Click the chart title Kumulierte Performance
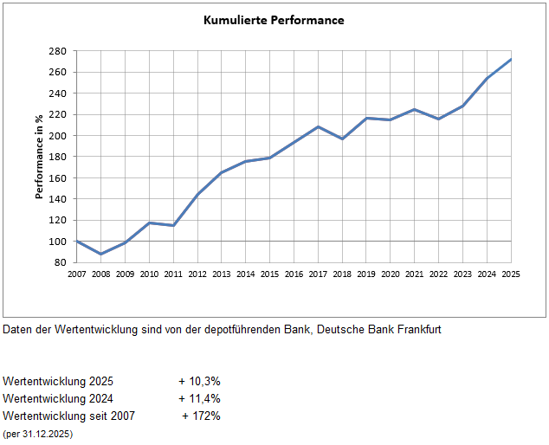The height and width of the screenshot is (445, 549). point(274,19)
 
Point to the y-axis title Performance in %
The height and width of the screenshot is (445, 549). point(39,156)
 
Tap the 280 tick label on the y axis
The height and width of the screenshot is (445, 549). point(58,51)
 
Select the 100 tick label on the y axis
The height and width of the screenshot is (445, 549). point(58,242)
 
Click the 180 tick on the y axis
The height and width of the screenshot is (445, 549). point(58,157)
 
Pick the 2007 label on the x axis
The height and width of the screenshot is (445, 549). point(77,274)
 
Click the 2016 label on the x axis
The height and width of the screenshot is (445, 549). point(294,274)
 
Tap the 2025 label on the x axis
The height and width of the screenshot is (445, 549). point(511,274)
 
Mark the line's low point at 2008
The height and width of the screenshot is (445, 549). point(101,254)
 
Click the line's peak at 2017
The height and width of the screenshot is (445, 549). point(318,126)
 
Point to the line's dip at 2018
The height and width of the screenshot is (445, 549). point(342,139)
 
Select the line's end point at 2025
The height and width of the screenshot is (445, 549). point(511,59)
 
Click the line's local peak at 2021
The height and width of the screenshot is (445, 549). point(415,109)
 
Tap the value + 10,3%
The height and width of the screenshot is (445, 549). point(199,381)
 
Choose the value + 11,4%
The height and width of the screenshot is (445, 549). point(199,398)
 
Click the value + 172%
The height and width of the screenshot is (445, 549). point(201,416)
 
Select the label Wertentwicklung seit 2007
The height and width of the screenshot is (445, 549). point(68,416)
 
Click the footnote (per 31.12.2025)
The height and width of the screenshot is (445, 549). point(38,433)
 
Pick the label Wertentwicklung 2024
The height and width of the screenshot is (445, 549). point(58,398)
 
